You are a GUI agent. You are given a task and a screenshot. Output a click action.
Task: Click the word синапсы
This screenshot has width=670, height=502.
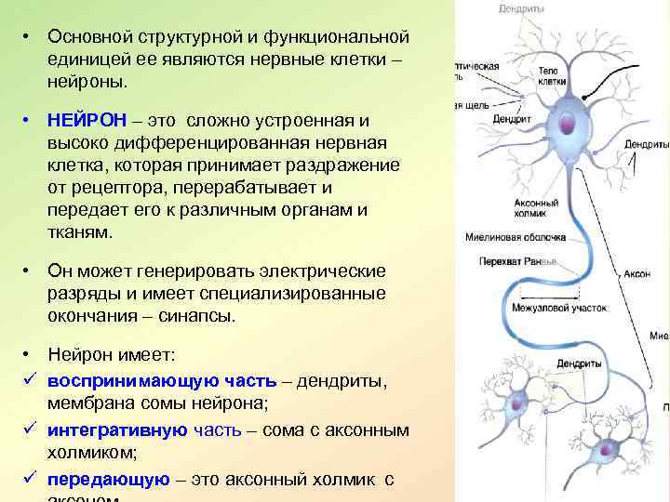pyautogui.click(x=200, y=316)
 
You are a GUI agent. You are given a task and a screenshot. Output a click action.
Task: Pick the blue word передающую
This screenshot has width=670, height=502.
pyautogui.click(x=109, y=480)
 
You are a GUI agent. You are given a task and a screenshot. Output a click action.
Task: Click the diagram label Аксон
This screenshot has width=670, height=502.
pyautogui.click(x=636, y=275)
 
